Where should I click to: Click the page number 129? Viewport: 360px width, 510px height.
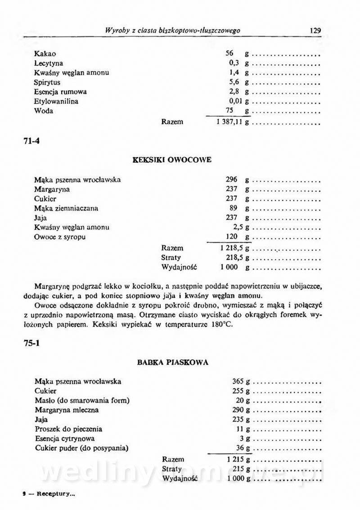(x=315, y=31)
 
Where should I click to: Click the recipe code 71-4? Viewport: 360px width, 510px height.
(x=31, y=140)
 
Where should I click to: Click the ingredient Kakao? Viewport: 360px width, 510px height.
(x=45, y=54)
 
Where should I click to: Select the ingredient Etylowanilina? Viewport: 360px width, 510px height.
(x=56, y=102)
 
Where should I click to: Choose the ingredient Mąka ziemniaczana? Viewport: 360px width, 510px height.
(x=66, y=208)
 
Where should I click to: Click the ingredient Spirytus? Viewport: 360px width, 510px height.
(x=47, y=83)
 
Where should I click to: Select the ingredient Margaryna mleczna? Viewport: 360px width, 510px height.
(x=67, y=410)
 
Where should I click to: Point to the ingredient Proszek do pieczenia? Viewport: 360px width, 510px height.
(x=68, y=429)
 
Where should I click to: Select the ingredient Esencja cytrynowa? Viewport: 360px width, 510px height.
(x=65, y=438)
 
